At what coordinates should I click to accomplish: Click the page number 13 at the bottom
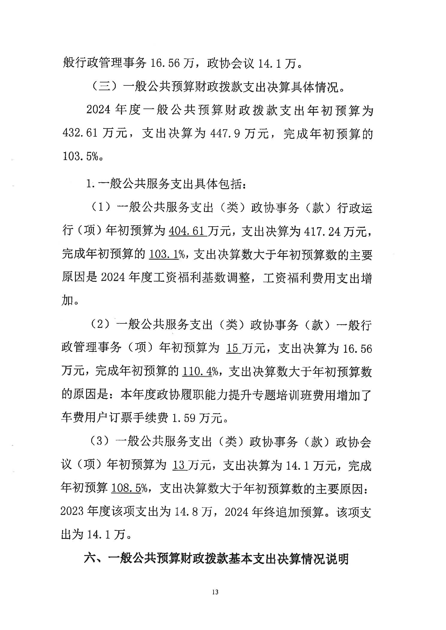pos(215,592)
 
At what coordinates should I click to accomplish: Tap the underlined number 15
pos(233,348)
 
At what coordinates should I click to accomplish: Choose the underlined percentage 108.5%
pos(129,488)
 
